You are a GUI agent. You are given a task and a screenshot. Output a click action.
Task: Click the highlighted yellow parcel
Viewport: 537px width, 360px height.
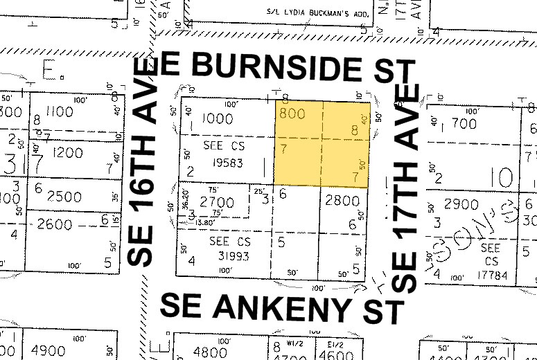coord(322,143)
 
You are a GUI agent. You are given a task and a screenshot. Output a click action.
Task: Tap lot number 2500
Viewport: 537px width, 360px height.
coord(64,197)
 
